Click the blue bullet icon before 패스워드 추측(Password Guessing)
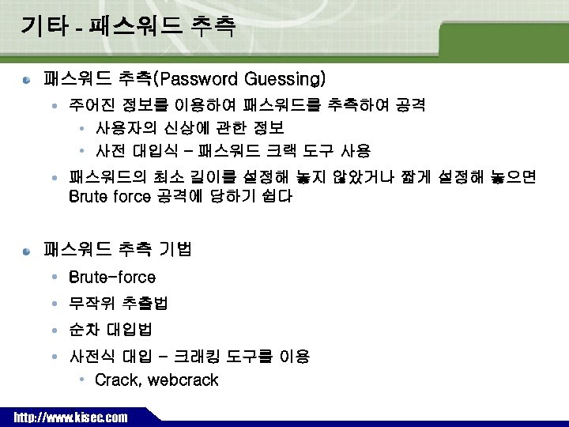click(x=26, y=80)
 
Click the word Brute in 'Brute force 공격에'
click(x=89, y=197)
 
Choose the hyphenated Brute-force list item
click(x=112, y=278)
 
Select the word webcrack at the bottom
click(x=183, y=380)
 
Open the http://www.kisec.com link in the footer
click(x=70, y=418)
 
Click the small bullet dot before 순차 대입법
click(x=53, y=330)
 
